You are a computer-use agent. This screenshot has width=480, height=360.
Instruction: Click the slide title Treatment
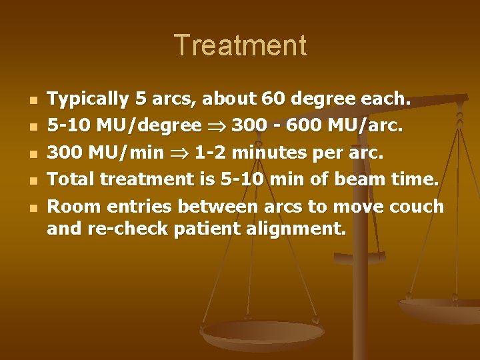tap(240, 46)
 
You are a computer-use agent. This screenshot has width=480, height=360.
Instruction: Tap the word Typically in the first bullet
tap(89, 100)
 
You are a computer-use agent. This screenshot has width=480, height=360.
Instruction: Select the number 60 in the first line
tap(292, 100)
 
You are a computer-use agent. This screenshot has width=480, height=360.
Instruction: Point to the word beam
tap(348, 179)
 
